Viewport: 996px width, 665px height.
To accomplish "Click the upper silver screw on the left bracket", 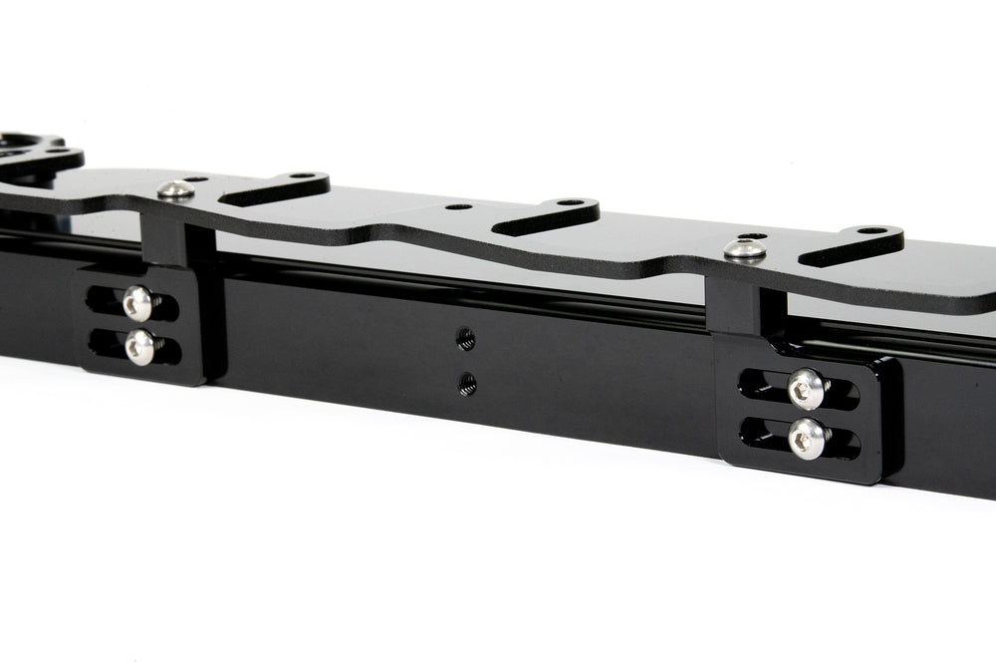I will pyautogui.click(x=138, y=303).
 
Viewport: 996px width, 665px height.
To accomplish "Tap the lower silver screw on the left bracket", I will pyautogui.click(x=140, y=346).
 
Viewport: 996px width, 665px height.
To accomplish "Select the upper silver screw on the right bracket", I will pyautogui.click(x=806, y=389).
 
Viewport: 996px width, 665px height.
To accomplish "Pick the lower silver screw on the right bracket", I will pyautogui.click(x=807, y=437).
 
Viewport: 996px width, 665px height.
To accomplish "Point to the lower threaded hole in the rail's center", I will pyautogui.click(x=466, y=383).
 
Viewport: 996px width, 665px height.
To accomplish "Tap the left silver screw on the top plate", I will pyautogui.click(x=175, y=189).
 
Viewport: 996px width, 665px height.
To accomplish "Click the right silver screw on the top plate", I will pyautogui.click(x=744, y=249).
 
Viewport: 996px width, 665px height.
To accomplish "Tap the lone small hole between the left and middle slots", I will pyautogui.click(x=459, y=207).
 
